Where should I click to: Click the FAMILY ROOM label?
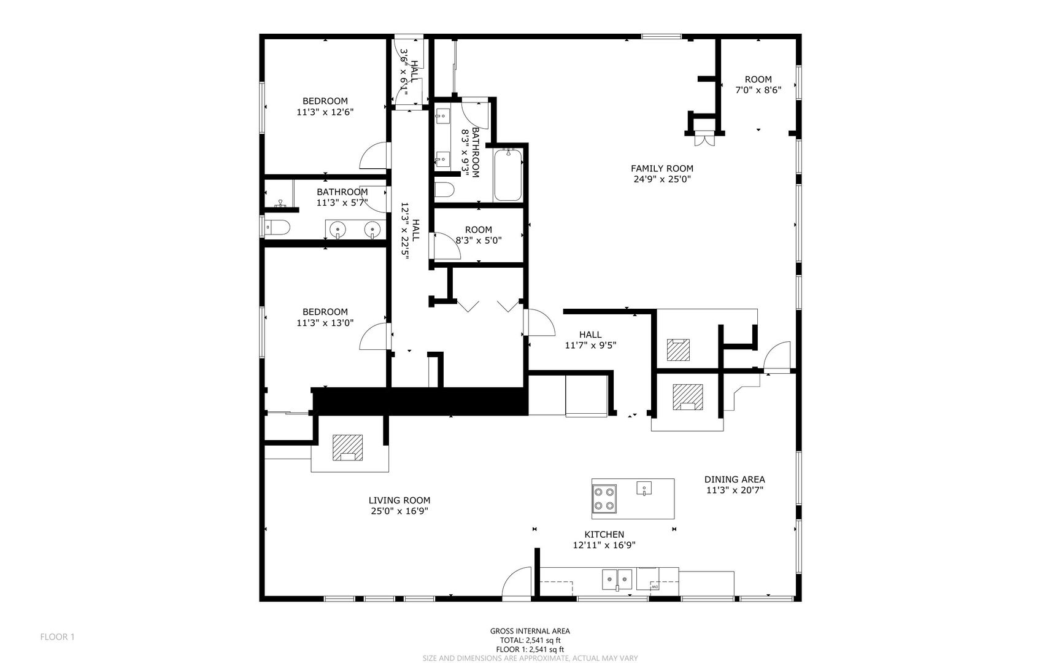(662, 168)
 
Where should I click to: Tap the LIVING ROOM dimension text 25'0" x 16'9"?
(399, 511)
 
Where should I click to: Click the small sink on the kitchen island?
(643, 488)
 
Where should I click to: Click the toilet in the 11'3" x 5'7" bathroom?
(276, 227)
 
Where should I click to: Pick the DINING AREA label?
(734, 479)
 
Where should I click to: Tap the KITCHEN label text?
(604, 535)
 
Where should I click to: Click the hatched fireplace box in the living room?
(348, 448)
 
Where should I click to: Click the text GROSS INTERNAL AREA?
(530, 630)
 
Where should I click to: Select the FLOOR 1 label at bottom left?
(57, 637)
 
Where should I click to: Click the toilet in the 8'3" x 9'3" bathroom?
(444, 188)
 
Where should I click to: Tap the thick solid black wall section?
(420, 401)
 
